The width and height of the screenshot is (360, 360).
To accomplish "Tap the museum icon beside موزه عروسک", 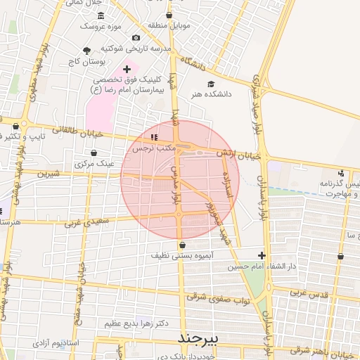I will (x=101, y=15).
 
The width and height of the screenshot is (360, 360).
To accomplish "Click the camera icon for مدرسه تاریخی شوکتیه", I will (x=136, y=37).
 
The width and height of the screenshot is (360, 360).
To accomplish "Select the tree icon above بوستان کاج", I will (x=86, y=51).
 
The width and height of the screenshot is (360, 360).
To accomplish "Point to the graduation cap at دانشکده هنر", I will (x=211, y=84).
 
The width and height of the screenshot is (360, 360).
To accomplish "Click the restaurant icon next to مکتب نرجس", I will (x=154, y=137).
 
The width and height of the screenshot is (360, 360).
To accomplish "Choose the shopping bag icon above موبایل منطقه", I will (x=169, y=15).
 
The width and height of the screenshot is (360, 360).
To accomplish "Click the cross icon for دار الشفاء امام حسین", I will (x=262, y=256).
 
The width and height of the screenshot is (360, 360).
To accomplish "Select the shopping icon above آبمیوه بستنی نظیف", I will (x=183, y=245).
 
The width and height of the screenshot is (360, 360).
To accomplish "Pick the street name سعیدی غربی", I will (x=87, y=222).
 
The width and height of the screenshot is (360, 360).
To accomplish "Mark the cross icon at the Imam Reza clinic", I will (x=127, y=69).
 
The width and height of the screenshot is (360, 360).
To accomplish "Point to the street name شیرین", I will (x=49, y=173).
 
